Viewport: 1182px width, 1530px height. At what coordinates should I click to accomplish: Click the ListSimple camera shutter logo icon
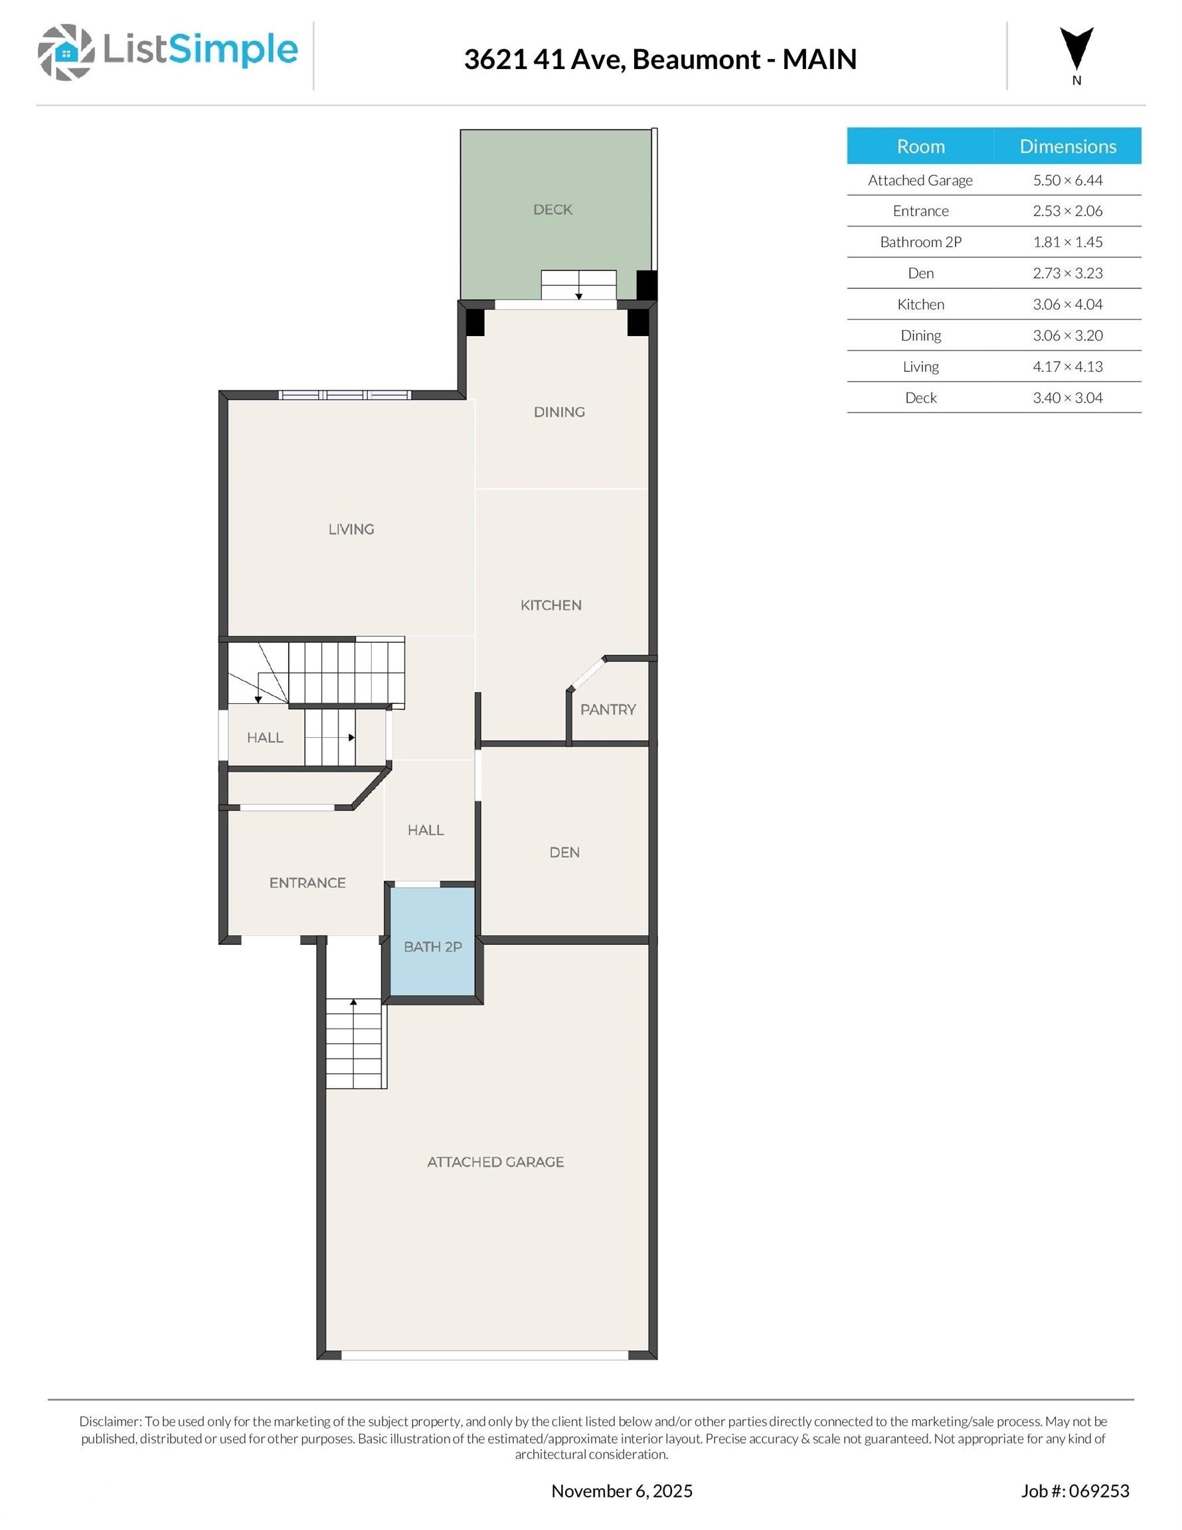pos(66,52)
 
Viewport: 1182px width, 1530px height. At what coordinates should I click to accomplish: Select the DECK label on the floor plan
pos(552,209)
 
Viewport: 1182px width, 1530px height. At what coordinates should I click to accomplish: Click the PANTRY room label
pos(608,710)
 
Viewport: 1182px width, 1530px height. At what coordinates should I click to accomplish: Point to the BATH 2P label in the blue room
pos(432,946)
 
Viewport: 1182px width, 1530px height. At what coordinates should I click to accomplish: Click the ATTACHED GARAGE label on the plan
pos(495,1161)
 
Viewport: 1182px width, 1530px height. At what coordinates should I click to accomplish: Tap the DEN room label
pos(564,852)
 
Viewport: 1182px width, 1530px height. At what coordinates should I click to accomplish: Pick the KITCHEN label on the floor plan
pos(550,605)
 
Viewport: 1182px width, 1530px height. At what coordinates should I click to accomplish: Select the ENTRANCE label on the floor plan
pos(307,883)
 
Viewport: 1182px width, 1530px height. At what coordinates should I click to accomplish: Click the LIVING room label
pos(351,529)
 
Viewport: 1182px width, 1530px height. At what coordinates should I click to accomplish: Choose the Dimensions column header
pos(1068,146)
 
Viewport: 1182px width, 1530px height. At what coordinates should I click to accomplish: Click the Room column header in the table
pos(920,146)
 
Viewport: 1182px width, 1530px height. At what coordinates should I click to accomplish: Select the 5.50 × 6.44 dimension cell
pos(1068,180)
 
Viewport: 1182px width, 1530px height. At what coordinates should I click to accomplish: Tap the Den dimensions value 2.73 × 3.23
pos(1068,273)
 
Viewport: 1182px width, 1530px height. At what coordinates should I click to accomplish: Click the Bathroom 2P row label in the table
pos(920,242)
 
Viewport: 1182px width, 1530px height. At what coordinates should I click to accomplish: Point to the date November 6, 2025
pos(622,1491)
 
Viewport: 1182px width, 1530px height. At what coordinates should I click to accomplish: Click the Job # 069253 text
pos(1075,1491)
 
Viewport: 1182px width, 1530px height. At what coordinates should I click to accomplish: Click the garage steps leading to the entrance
pos(355,1043)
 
